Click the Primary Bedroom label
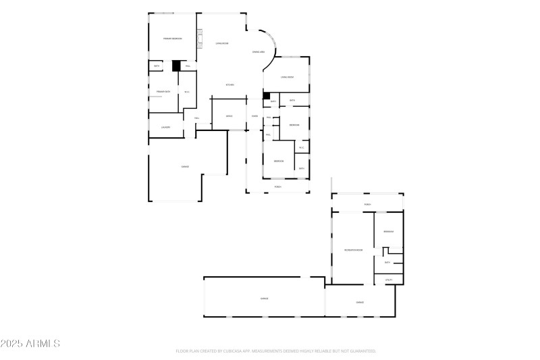172,38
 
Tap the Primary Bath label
163,91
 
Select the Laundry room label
165,127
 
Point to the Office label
229,116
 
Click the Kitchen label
230,84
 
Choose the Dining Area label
257,51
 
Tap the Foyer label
254,116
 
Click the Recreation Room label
353,250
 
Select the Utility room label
389,279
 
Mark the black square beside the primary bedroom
176,66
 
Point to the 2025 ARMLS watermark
30,344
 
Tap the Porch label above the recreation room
368,204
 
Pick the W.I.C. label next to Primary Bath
186,91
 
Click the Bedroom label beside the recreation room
388,232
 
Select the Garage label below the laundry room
184,166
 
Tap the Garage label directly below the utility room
360,302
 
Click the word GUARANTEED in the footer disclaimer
362,351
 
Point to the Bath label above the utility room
387,262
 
